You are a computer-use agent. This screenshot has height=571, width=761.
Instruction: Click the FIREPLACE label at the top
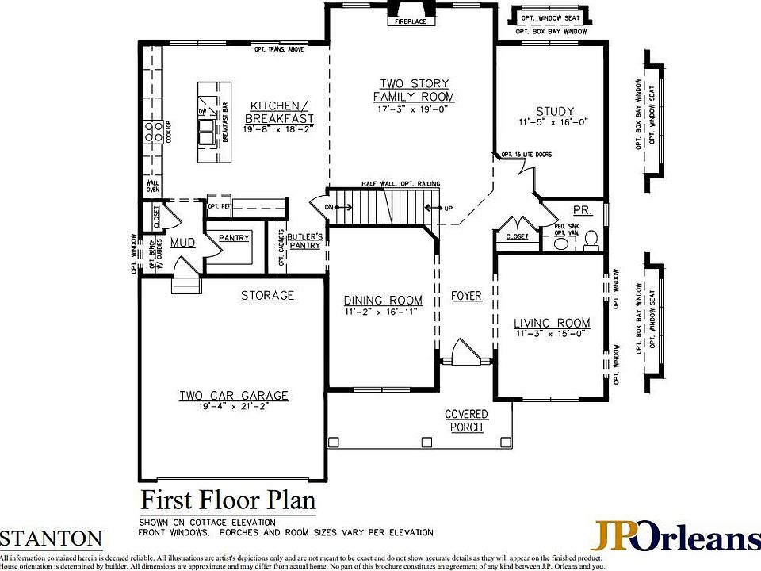[411, 21]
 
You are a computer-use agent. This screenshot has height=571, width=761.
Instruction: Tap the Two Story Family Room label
[414, 90]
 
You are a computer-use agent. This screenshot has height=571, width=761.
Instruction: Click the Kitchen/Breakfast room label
[275, 112]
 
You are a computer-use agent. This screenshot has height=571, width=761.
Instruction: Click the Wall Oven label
[152, 186]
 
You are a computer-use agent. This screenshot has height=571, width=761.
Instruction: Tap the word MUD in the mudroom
[182, 242]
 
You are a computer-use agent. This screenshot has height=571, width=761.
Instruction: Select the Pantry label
[233, 238]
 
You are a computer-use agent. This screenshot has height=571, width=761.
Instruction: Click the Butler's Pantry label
[304, 241]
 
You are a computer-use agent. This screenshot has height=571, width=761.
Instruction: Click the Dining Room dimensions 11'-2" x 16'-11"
[383, 312]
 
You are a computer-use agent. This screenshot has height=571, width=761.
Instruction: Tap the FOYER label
[466, 296]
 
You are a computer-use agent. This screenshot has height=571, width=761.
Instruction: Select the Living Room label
[552, 323]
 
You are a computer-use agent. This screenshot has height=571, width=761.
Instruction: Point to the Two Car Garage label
[233, 396]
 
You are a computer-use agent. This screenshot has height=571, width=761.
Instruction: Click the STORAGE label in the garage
[267, 296]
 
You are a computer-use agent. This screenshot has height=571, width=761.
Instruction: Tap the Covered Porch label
[466, 421]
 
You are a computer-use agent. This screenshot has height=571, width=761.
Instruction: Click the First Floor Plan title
[228, 501]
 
